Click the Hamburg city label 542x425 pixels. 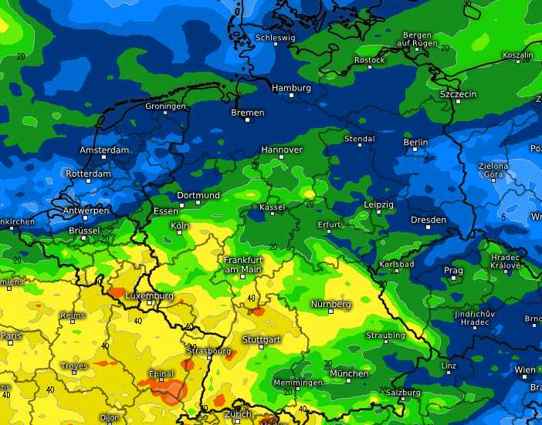[x=291, y=88]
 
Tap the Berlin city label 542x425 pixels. [x=415, y=143]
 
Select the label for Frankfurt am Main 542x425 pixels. [x=243, y=265]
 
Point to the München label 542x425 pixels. [x=349, y=374]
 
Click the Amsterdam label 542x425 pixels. [x=104, y=150]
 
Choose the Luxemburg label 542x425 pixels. [x=149, y=295]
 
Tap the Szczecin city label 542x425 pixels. [x=458, y=94]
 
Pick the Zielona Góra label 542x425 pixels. [x=493, y=170]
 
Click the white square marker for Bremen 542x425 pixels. [x=248, y=122]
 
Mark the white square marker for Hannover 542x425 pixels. [x=282, y=157]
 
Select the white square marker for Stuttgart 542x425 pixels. [x=261, y=347]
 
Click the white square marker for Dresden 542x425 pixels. [x=428, y=228]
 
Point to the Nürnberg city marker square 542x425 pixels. [x=330, y=312]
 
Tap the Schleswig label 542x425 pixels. [x=275, y=37]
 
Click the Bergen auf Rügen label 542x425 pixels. [x=417, y=39]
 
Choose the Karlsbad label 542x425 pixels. [x=397, y=265]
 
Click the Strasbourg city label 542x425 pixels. [x=208, y=351]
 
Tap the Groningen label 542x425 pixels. [x=165, y=106]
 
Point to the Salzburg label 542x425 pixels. [x=402, y=393]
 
